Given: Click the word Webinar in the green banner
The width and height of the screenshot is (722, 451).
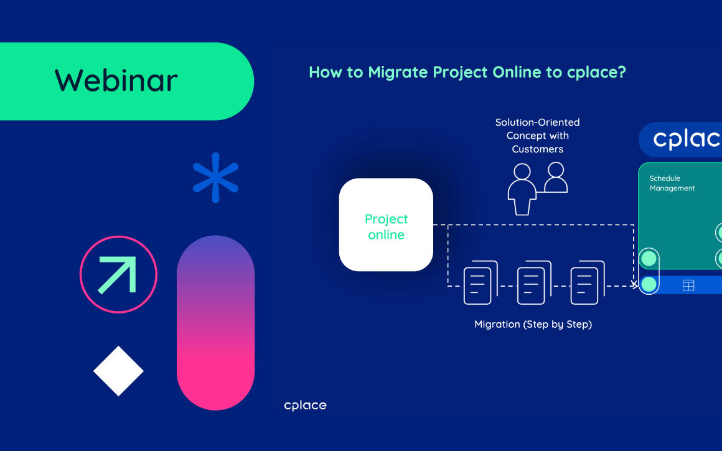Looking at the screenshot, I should click(x=116, y=81).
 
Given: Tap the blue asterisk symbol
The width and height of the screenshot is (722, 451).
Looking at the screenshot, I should click(x=215, y=177).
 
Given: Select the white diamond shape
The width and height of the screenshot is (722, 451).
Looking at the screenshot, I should click(x=118, y=371).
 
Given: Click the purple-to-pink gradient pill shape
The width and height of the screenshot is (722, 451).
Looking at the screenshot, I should click(x=215, y=322).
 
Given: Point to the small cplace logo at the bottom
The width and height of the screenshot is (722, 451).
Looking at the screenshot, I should click(x=305, y=406).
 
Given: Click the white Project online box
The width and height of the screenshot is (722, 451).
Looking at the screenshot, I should click(x=386, y=225).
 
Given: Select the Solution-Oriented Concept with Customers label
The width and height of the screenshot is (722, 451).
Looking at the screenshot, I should click(x=537, y=136).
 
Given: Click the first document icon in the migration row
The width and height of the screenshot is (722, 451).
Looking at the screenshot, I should click(x=480, y=283).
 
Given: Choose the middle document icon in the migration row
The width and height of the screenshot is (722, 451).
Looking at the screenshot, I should click(x=533, y=283).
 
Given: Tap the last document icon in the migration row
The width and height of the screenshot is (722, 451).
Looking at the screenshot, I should click(x=587, y=283).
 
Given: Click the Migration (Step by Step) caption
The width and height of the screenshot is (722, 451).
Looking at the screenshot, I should click(x=533, y=324).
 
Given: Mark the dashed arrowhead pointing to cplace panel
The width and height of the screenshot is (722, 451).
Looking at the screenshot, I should click(x=634, y=285).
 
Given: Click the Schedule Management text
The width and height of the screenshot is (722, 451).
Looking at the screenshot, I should click(x=672, y=184).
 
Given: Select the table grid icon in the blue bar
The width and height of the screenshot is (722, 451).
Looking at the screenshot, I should click(x=688, y=286).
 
